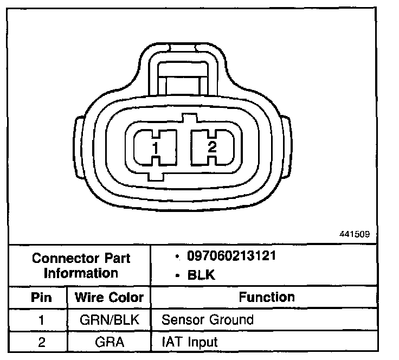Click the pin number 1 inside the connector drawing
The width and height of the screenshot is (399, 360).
coord(156,148)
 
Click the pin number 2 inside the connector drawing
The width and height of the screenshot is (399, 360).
coord(212,146)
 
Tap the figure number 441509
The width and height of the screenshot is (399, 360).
coord(355,234)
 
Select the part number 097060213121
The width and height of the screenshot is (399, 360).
coord(231,256)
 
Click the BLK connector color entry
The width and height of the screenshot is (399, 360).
coord(201,275)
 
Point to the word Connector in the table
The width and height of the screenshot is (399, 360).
coord(66,258)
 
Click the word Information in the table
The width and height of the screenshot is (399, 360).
coord(81,273)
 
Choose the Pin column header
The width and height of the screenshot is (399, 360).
coord(41,297)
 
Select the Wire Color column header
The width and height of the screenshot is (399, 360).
coord(109,297)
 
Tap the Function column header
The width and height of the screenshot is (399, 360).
coord(267,297)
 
